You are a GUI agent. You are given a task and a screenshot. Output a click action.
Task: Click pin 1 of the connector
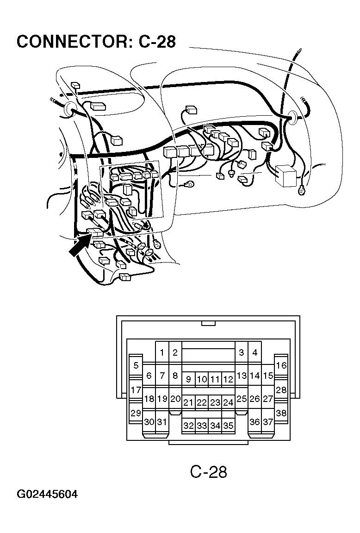162,352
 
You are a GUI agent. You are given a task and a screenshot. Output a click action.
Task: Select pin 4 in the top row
254,352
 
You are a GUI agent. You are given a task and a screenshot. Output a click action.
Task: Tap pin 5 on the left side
136,365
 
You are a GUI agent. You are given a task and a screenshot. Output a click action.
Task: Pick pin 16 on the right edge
281,365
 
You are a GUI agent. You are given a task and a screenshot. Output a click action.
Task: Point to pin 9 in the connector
188,379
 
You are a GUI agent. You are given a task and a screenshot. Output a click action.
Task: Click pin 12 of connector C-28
228,379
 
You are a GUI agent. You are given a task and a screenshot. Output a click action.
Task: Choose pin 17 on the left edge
136,390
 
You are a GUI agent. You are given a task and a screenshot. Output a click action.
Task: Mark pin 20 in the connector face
175,399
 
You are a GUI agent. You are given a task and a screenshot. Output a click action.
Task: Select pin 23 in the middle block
215,402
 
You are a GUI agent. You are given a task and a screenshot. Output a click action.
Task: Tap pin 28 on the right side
281,390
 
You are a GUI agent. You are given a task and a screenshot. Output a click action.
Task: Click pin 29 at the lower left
136,413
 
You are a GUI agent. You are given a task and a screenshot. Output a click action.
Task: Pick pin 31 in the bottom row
162,422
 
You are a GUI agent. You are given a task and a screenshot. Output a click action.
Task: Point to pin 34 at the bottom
215,426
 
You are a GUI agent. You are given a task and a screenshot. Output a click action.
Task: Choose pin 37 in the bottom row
267,422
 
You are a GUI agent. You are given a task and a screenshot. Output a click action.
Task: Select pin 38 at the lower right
281,413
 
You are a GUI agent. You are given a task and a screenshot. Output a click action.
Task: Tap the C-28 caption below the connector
209,472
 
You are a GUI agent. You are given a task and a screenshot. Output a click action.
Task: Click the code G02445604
47,495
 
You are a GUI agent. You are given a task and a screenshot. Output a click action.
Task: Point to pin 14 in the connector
254,376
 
